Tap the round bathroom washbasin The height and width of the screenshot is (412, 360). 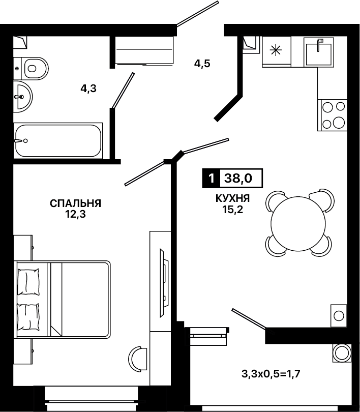click(22, 97)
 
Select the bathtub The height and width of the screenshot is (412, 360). click(58, 140)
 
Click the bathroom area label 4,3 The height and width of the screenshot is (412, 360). click(88, 89)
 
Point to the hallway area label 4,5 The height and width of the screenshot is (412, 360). click(202, 64)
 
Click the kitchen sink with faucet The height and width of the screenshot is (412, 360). click(319, 52)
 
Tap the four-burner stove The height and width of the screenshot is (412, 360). click(332, 115)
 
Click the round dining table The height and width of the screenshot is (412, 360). click(298, 223)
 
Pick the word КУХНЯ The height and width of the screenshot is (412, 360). click(232, 198)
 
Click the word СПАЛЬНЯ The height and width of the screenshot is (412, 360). click(75, 203)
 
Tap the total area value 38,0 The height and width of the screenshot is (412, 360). click(238, 179)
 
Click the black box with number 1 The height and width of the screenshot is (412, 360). click(211, 179)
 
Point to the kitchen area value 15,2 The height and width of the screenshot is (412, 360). click(233, 210)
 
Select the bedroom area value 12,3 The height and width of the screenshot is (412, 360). click(76, 215)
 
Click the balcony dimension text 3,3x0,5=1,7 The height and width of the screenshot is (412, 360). click(271, 373)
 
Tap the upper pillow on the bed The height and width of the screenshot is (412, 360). click(28, 282)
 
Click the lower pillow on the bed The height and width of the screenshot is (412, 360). click(28, 317)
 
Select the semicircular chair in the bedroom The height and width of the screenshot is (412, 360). click(138, 359)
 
